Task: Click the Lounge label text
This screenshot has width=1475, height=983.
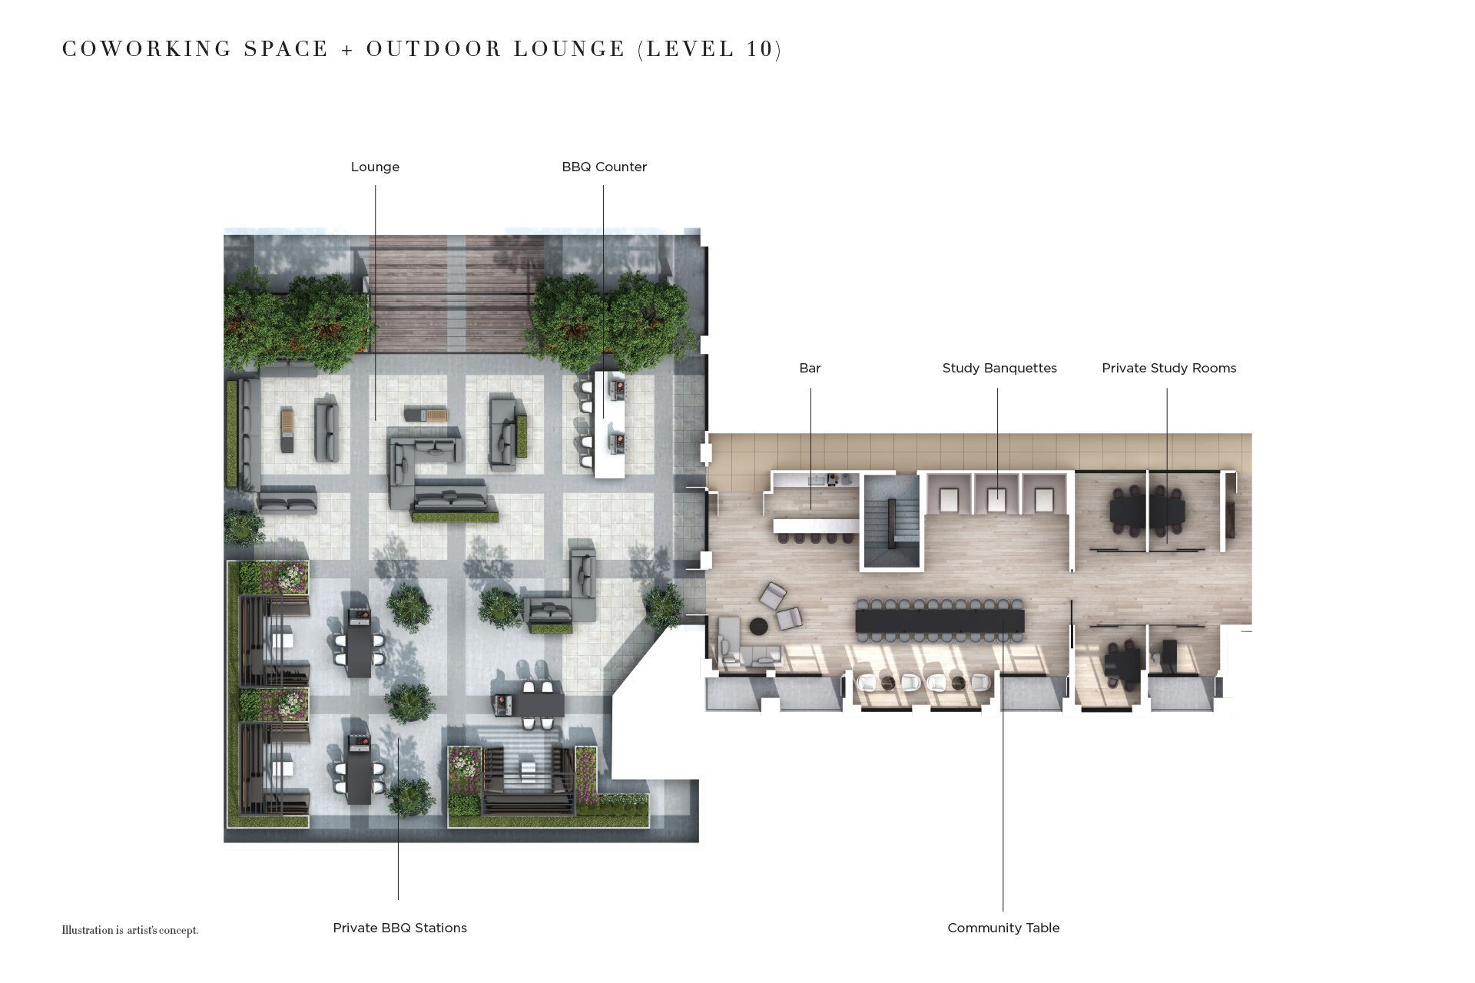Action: tap(375, 167)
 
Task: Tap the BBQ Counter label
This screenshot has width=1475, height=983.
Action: tap(604, 167)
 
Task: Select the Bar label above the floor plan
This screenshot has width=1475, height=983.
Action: tap(810, 368)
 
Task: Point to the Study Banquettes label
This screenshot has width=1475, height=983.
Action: tap(999, 368)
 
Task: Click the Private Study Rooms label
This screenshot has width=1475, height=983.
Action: tap(1168, 368)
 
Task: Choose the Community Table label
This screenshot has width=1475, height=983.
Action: tap(1003, 928)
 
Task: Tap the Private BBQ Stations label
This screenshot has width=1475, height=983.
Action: tap(399, 928)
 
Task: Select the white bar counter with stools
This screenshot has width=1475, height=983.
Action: tap(816, 526)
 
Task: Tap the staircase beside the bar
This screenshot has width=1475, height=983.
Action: tap(891, 522)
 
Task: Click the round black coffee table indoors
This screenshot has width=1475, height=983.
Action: tap(758, 627)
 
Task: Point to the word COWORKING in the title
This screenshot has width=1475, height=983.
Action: tap(147, 49)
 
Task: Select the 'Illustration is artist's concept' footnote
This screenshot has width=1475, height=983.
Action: tap(130, 930)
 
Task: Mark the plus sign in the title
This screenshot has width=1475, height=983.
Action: tap(347, 50)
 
